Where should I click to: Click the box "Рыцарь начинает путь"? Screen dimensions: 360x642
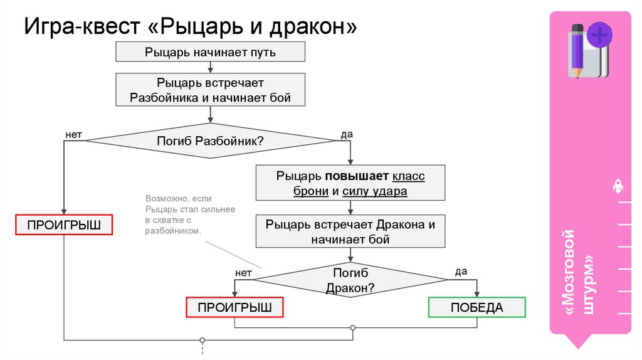[x=210, y=52]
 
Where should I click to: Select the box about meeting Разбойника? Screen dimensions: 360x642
[x=210, y=90]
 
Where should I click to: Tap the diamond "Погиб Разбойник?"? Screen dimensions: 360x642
[x=210, y=140]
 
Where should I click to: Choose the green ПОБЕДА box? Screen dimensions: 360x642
[x=476, y=307]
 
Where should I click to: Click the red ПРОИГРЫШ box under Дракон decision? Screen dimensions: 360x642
[x=234, y=307]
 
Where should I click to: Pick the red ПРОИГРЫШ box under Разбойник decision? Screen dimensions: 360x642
[x=64, y=225]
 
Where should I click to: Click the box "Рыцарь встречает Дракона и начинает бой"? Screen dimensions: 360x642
[x=350, y=231]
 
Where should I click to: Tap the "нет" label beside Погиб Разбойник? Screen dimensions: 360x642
[x=73, y=134]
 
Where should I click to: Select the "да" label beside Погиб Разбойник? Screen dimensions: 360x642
[x=346, y=134]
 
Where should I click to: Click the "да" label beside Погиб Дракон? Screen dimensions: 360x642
[x=461, y=272]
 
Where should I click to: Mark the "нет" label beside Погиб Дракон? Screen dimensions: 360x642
[x=243, y=273]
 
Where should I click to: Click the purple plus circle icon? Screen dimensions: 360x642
[x=601, y=34]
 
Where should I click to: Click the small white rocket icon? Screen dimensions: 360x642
[x=617, y=186]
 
